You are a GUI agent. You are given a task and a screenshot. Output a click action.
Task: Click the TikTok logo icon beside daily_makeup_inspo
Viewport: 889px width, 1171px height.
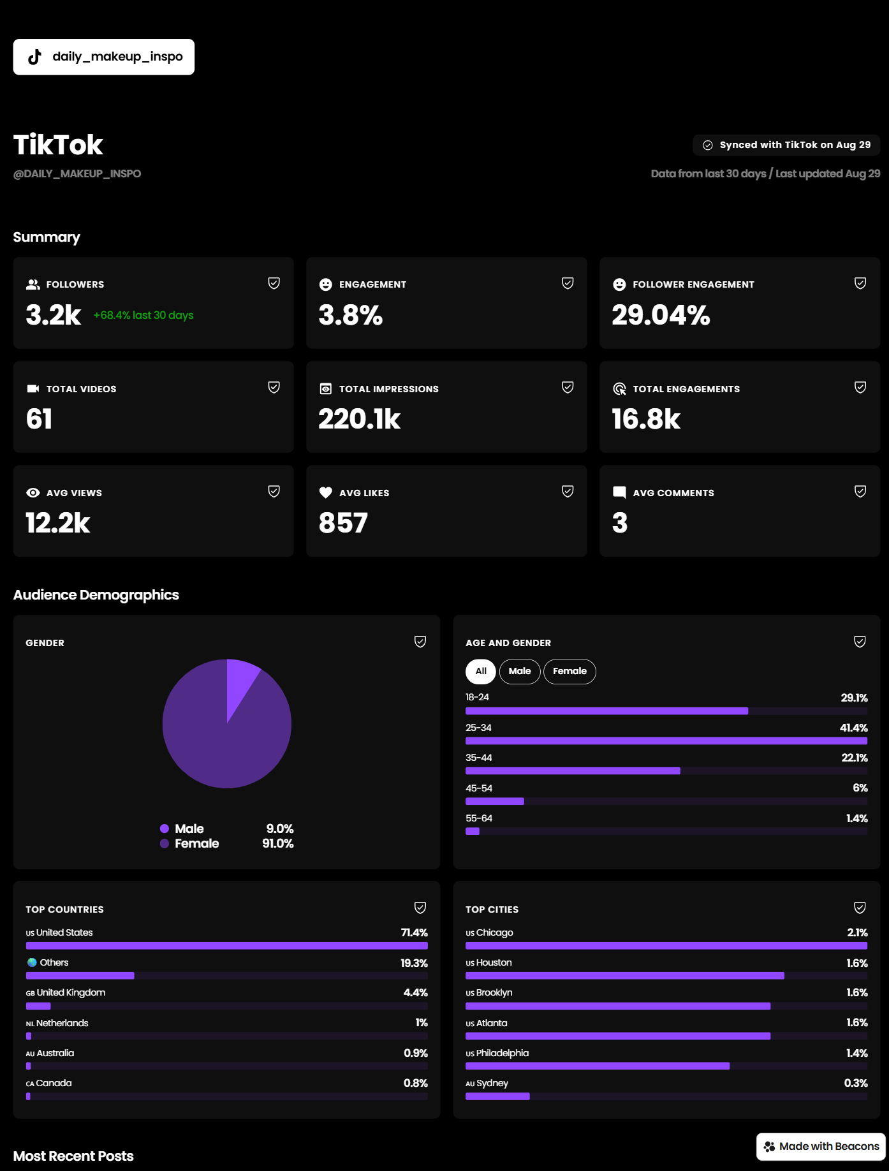coord(35,57)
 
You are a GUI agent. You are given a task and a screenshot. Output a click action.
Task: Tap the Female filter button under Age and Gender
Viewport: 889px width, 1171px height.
coord(569,671)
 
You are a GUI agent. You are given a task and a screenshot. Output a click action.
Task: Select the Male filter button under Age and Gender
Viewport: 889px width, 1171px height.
coord(520,671)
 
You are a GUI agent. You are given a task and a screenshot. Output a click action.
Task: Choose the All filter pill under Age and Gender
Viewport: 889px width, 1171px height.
coord(481,671)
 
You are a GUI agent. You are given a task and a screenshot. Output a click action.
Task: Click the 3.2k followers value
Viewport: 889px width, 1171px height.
coord(54,314)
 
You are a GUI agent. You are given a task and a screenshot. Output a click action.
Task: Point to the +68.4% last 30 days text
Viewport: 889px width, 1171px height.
coord(143,315)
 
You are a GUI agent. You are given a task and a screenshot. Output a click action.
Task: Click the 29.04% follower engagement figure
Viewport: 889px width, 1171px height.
coord(661,314)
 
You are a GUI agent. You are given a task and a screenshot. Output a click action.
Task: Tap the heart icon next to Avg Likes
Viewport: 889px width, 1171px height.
coord(326,492)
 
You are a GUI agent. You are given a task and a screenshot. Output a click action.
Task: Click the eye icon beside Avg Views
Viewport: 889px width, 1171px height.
coord(33,492)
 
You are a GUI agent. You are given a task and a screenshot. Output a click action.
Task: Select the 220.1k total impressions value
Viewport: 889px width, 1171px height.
coord(360,419)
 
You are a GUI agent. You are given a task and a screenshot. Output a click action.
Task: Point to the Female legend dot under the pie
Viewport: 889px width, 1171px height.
coord(165,843)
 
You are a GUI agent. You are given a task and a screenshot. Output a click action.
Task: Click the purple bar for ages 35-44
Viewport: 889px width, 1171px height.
coord(573,770)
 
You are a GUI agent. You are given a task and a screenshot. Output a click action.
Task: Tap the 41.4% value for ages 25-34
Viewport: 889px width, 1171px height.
coord(854,728)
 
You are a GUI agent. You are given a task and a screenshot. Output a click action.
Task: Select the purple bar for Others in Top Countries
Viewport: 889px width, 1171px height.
coord(80,975)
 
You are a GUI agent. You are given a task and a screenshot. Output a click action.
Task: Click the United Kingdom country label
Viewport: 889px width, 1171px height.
coord(71,992)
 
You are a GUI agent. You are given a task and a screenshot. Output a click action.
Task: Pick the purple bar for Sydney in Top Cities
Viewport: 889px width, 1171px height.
coord(497,1096)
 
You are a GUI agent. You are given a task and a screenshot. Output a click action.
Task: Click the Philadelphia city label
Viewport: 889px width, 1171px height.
coord(503,1053)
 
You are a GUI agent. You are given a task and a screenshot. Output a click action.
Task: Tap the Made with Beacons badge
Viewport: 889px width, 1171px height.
coord(821,1146)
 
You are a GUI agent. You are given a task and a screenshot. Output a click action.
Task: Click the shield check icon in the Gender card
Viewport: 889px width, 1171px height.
coord(420,642)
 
